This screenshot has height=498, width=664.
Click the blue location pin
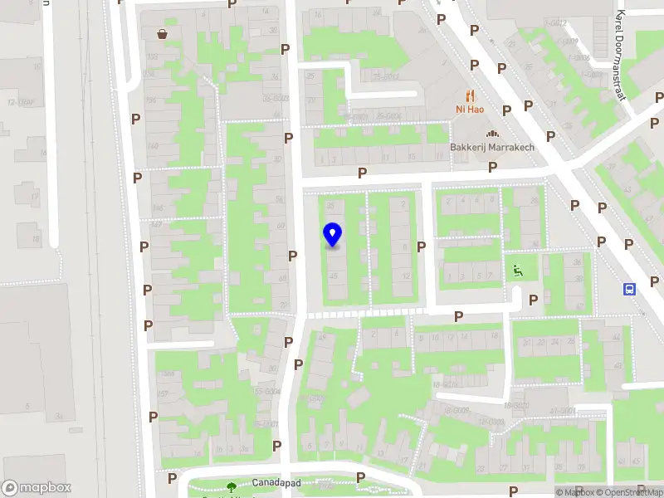click(x=333, y=235)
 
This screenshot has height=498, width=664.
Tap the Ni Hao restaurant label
click(x=470, y=109)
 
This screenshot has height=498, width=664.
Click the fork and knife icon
click(x=470, y=94)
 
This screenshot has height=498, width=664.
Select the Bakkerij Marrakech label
click(x=491, y=148)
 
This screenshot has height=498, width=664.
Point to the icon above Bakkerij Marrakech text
click(x=491, y=134)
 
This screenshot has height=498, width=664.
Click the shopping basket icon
click(x=164, y=33)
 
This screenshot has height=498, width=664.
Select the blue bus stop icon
click(x=630, y=290)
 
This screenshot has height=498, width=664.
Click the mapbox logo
click(x=37, y=488)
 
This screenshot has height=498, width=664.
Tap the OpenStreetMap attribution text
click(x=627, y=493)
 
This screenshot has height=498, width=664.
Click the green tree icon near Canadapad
click(x=232, y=488)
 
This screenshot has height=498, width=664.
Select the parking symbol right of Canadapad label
click(x=360, y=477)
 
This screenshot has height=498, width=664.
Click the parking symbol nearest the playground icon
click(x=534, y=300)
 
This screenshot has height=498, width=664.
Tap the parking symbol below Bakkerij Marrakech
click(x=492, y=167)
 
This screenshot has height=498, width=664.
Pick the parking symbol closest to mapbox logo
click(x=172, y=478)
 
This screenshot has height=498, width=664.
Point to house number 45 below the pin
click(x=334, y=276)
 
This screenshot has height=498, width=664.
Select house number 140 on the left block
click(x=152, y=147)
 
